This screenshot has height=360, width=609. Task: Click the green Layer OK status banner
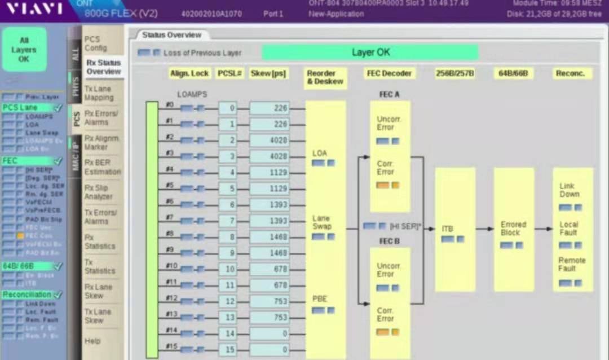[x=370, y=52]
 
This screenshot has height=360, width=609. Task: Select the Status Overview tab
[x=171, y=35]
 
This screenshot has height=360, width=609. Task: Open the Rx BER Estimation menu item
[x=103, y=167]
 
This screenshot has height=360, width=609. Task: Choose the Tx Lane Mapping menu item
[x=99, y=93]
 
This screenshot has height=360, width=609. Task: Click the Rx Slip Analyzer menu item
[x=99, y=192]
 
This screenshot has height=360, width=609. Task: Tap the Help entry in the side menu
[x=92, y=341]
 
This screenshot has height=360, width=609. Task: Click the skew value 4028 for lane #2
[x=269, y=141]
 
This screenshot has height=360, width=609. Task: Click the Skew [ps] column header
[x=268, y=73]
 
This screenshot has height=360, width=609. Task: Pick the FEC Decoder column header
[x=389, y=73]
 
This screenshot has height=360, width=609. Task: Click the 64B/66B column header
[x=513, y=73]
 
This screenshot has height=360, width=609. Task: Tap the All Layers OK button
[x=24, y=50]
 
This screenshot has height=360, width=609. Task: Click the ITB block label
[x=447, y=229]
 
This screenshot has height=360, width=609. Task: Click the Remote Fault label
[x=572, y=264]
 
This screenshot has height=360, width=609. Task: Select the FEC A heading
[x=389, y=94]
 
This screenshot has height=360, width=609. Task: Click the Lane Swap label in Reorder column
[x=321, y=222]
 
